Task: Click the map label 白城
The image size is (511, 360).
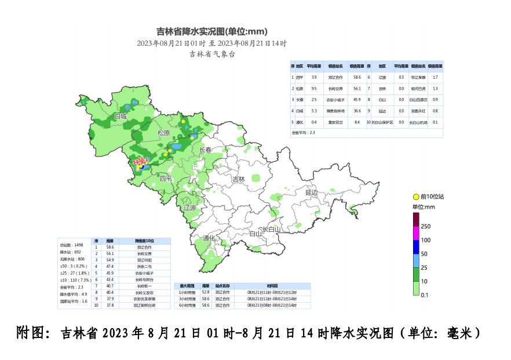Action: [120, 117]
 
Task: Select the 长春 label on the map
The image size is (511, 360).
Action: [206, 150]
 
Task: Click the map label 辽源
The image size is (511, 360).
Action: [190, 208]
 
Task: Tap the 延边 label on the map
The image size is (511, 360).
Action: [312, 192]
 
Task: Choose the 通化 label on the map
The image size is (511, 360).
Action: [209, 238]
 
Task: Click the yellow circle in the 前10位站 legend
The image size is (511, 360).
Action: [415, 198]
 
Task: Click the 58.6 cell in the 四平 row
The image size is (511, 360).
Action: [357, 77]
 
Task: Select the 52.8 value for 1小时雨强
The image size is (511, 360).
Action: [205, 292]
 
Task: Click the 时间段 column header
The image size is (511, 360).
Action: [272, 286]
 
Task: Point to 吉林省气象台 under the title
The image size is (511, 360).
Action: [212, 54]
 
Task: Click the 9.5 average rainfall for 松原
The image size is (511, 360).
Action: [313, 89]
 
